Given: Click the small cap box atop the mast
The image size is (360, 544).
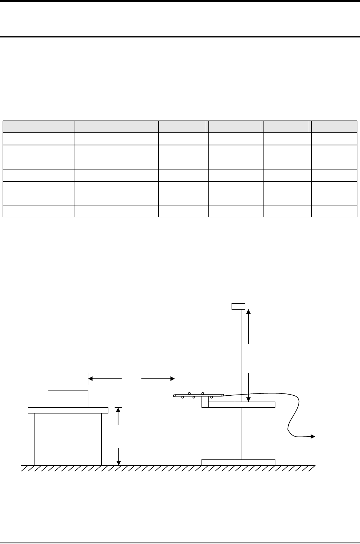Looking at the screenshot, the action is click(238, 306).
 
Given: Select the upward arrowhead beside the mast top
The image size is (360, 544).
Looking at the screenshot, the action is click(249, 311).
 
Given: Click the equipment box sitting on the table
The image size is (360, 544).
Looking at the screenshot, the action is click(68, 399).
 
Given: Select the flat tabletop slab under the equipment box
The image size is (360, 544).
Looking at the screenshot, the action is click(68, 410).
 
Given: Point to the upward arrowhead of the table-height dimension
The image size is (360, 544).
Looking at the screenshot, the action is click(118, 411).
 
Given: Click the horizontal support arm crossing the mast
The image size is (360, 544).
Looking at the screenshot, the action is click(256, 405).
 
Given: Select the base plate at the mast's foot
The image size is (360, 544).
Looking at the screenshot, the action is click(238, 462).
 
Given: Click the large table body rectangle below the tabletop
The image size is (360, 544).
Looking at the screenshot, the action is click(68, 439).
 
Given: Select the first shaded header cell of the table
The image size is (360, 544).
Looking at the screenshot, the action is click(39, 126).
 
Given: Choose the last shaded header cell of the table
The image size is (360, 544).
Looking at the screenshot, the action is click(334, 126).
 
